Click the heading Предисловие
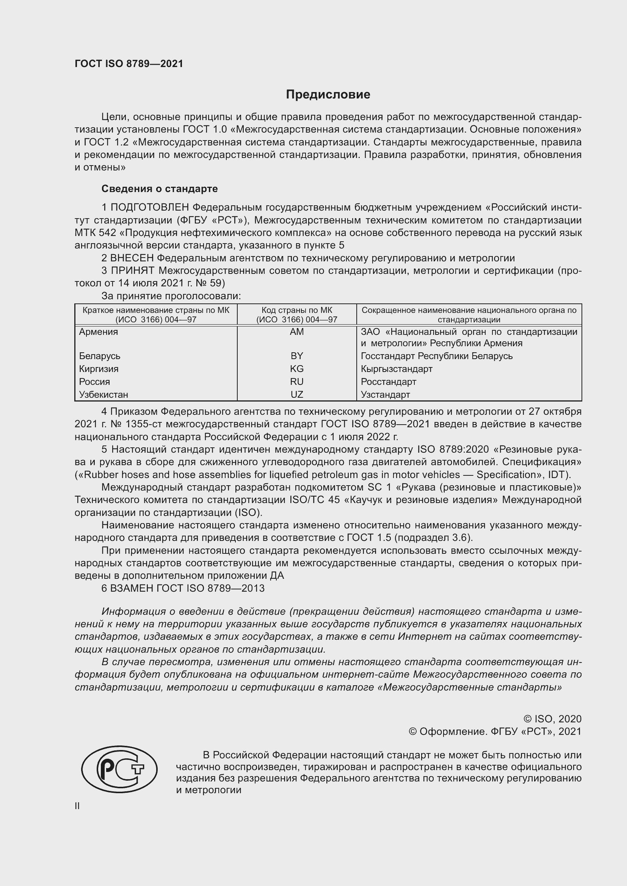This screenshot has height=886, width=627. point(328,95)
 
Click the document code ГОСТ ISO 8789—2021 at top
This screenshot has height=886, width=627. point(129,64)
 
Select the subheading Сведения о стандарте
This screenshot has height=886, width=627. point(160,189)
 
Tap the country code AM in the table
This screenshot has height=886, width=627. point(296,332)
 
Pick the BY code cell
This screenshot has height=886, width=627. point(296,356)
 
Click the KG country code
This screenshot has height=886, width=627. point(296,369)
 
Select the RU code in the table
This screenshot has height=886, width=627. point(296,382)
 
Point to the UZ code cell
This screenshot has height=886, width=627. point(296,394)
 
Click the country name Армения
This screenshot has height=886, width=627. point(99,332)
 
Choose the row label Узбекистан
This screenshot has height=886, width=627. point(103,394)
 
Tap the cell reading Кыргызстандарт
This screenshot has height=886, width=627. point(397,369)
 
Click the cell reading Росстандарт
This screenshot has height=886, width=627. point(389,382)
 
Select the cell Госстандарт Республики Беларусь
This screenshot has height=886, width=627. point(437,356)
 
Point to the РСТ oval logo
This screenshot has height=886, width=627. point(119,769)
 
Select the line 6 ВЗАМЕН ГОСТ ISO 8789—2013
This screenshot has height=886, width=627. point(183,588)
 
